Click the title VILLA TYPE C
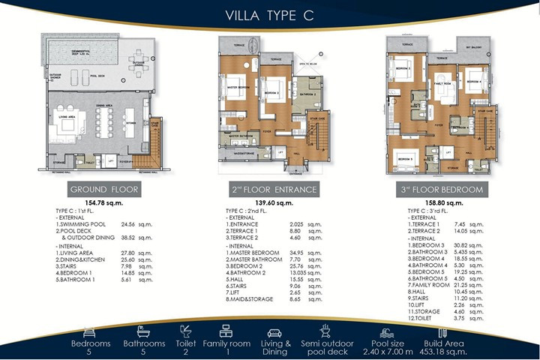click(269, 14)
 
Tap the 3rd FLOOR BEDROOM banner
click(438, 189)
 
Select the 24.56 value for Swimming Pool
click(129, 223)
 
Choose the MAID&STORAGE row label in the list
click(253, 298)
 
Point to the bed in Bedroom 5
click(406, 160)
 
